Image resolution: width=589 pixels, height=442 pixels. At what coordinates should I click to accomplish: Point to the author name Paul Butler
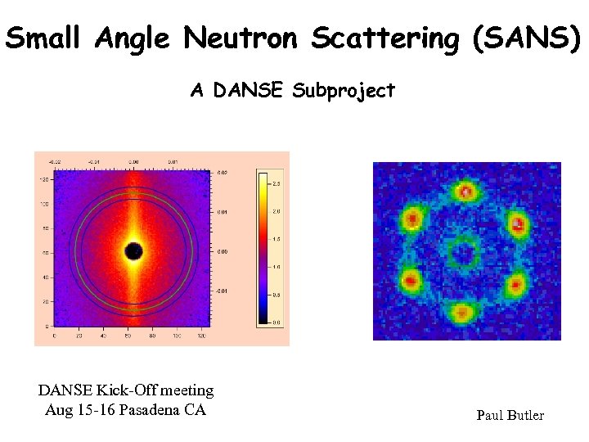[x=510, y=416]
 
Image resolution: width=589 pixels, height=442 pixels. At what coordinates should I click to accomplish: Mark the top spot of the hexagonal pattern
[x=466, y=192]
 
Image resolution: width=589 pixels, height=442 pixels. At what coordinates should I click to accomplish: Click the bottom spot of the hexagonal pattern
[x=462, y=312]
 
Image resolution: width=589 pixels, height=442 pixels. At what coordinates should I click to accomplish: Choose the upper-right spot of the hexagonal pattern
[x=517, y=222]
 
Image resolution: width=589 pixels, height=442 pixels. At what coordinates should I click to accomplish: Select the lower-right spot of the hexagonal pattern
[x=515, y=284]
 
